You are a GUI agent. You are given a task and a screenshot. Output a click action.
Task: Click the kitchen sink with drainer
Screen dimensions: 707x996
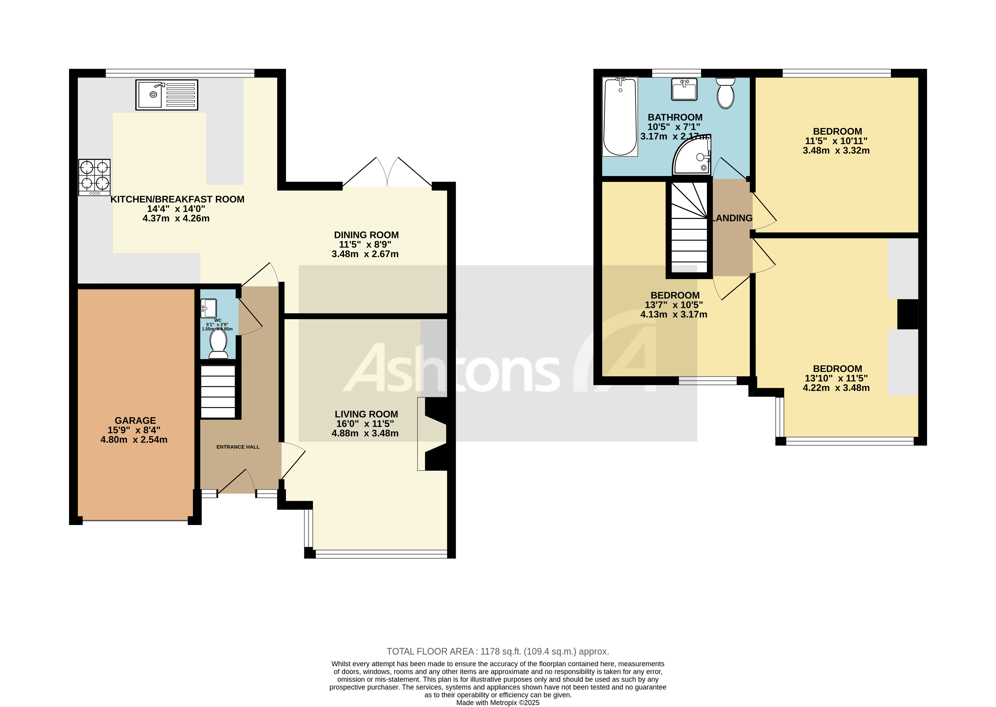click(x=166, y=95)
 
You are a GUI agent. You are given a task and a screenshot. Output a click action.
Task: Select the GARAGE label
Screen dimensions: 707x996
click(x=135, y=421)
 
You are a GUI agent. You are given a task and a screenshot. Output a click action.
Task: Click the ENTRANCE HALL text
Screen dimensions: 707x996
click(x=238, y=447)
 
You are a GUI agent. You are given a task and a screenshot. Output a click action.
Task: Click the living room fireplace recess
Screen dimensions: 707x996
click(x=433, y=434)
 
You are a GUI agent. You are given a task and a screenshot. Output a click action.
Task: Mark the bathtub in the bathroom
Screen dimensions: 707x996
click(x=620, y=117)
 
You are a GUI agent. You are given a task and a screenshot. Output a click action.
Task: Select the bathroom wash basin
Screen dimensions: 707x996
click(x=684, y=89)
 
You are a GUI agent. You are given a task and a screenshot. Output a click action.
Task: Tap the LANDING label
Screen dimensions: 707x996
click(x=732, y=218)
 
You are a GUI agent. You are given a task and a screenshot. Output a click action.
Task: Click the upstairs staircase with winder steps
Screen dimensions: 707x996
click(x=689, y=228)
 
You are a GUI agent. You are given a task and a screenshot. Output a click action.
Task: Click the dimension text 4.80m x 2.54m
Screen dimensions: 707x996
click(x=134, y=440)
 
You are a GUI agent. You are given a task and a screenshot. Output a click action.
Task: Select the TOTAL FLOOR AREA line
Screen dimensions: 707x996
click(x=498, y=652)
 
